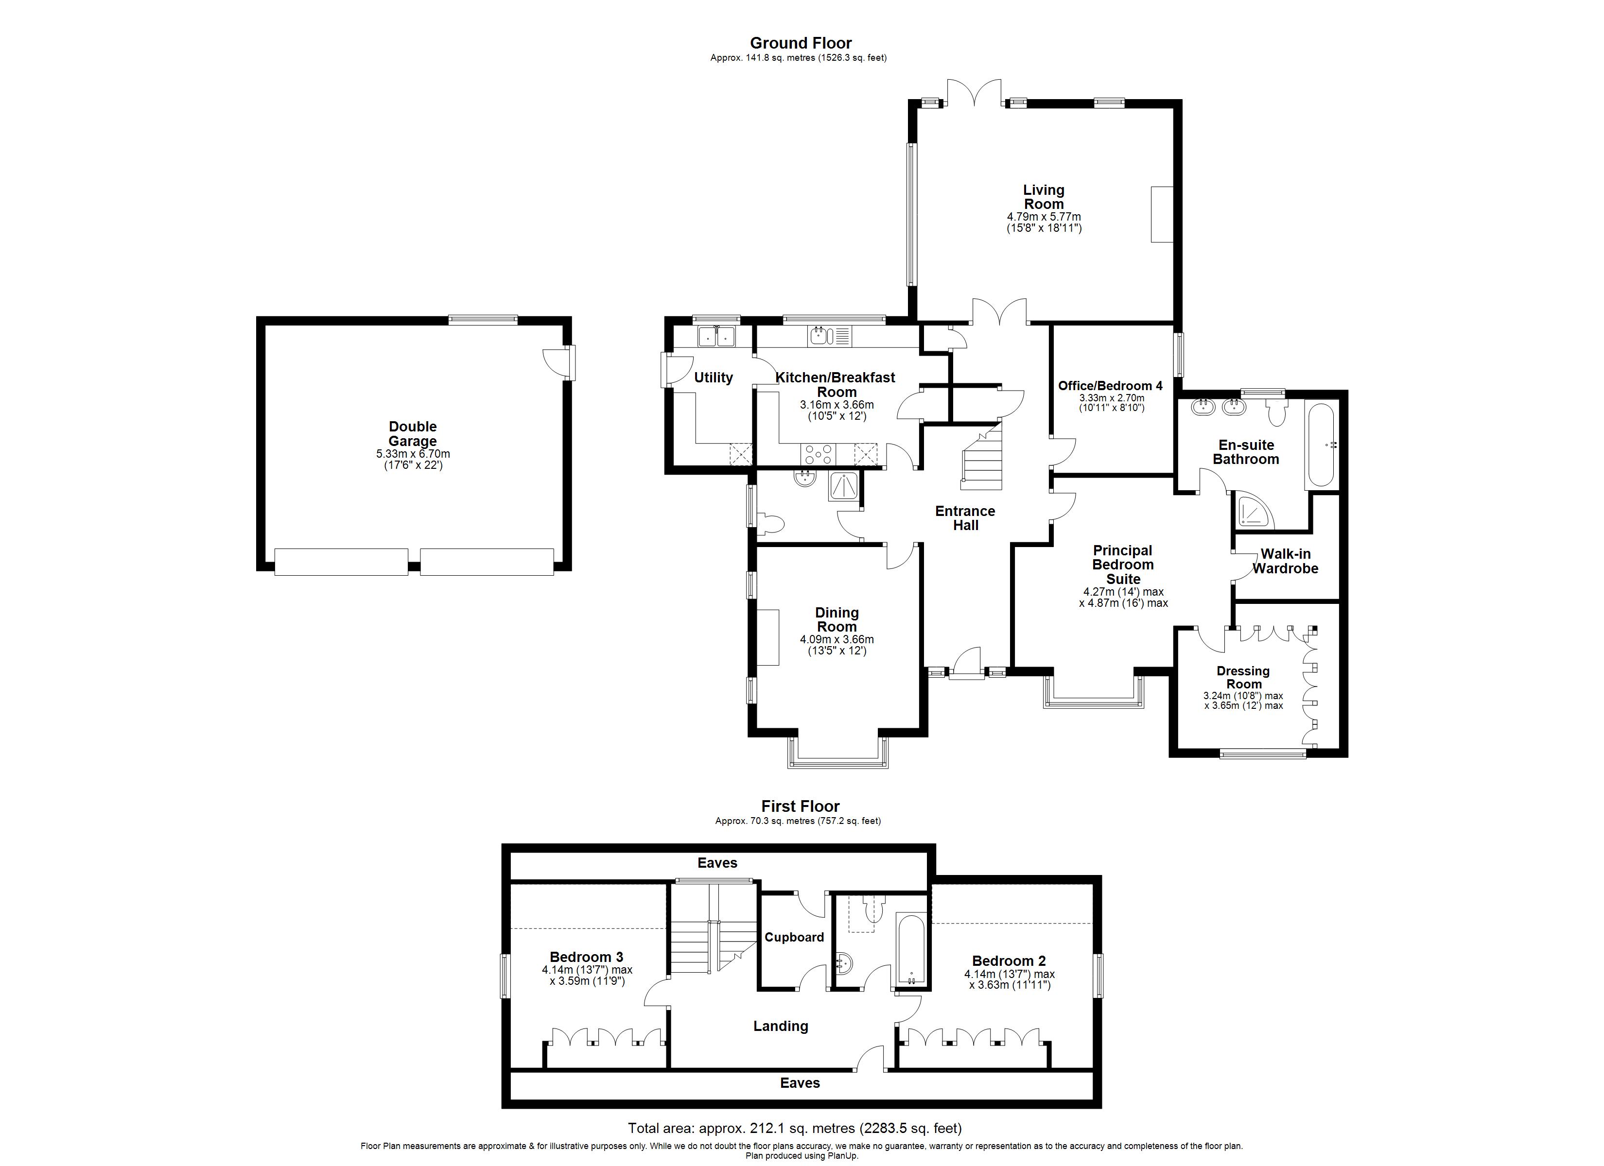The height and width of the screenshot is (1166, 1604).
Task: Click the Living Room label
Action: tap(1043, 197)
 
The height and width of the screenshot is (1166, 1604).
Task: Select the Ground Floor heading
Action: tap(801, 43)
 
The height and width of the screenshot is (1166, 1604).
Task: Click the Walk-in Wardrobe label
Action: tap(1285, 562)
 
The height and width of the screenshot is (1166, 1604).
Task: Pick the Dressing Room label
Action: tap(1242, 677)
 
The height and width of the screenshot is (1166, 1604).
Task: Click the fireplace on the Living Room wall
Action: tap(1161, 214)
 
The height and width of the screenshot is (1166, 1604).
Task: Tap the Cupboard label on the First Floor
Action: tap(794, 938)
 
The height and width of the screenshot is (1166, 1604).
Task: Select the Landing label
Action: tap(780, 1026)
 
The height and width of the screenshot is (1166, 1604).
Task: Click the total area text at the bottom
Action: tap(794, 1129)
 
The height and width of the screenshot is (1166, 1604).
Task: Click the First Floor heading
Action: tap(800, 807)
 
